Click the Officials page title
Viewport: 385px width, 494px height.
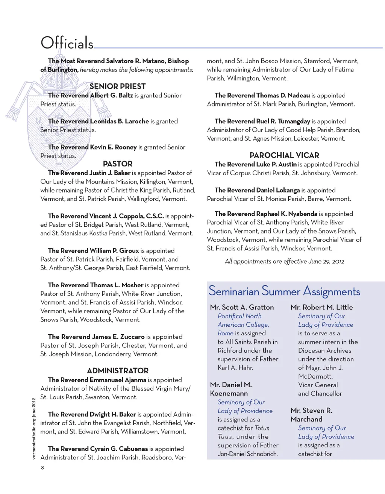click(67, 43)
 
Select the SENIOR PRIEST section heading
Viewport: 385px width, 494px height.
click(117, 86)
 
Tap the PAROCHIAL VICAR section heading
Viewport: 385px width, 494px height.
click(284, 155)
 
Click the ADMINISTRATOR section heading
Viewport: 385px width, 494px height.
click(118, 371)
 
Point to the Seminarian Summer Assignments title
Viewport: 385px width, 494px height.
click(284, 291)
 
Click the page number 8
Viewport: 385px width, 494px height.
click(42, 468)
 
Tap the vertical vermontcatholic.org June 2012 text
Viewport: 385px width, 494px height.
click(34, 428)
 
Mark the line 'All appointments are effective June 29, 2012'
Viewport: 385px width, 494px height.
click(284, 262)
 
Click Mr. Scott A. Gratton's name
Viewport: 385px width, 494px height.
click(242, 308)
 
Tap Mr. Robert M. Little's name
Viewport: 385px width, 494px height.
click(321, 308)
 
